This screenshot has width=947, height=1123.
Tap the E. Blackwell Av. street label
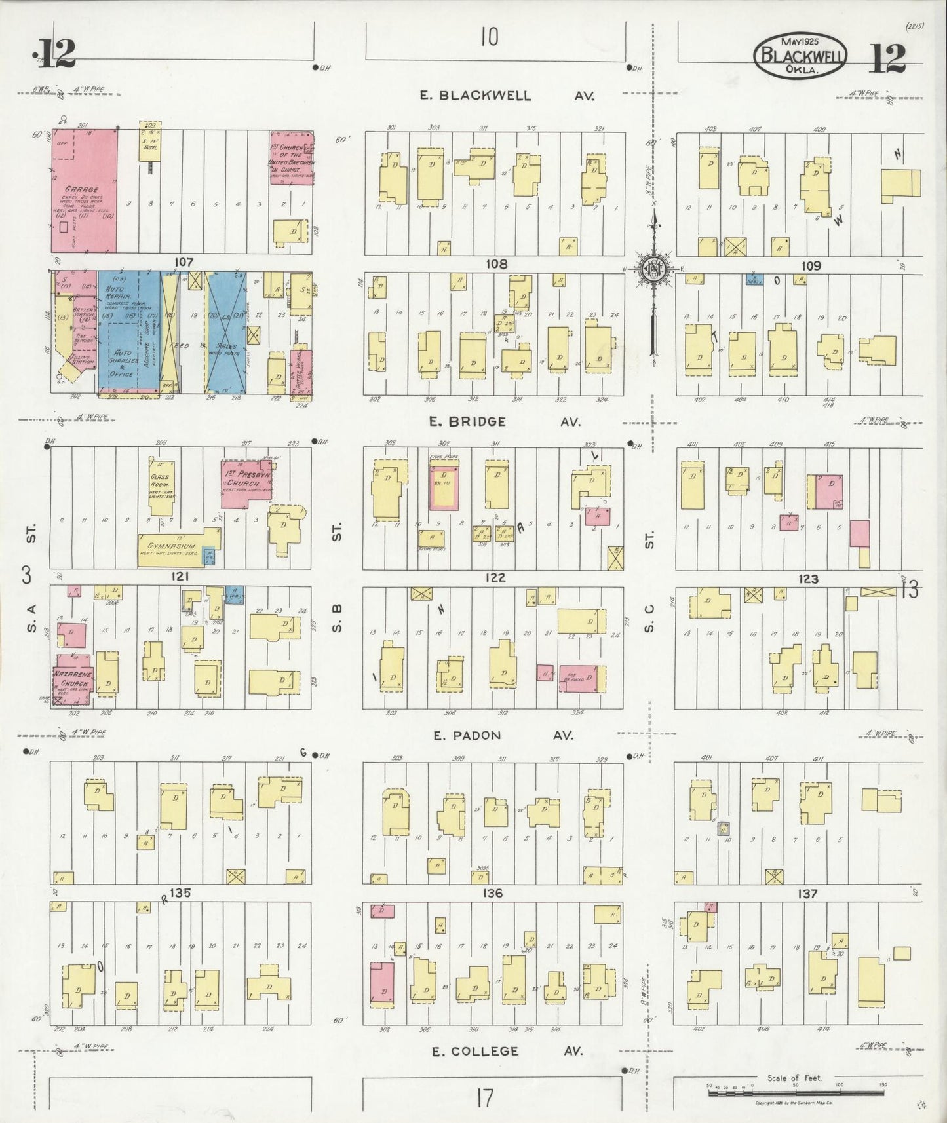507,96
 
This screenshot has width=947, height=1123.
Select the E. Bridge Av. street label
505,422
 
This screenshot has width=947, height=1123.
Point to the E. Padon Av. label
503,735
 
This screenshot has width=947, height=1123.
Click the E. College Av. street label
506,1051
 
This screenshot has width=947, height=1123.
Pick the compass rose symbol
653,269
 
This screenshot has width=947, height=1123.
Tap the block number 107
184,262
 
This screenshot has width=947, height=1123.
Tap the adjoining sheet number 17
484,1097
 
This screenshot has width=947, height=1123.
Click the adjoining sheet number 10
489,37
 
